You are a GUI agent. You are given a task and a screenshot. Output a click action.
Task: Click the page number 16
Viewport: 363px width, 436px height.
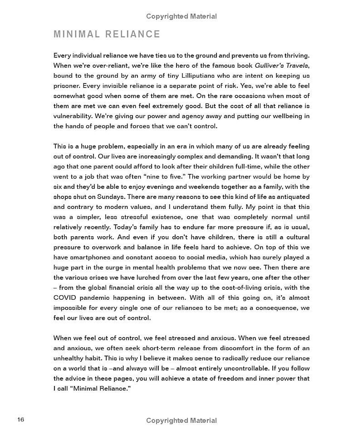[x=20, y=420]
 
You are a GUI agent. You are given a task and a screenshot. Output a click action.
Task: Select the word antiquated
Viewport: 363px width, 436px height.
[x=288, y=197]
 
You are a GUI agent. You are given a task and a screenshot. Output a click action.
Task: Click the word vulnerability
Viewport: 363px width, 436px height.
[x=75, y=116]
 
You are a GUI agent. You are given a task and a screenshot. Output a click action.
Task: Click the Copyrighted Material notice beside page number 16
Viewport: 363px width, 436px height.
[x=181, y=421]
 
